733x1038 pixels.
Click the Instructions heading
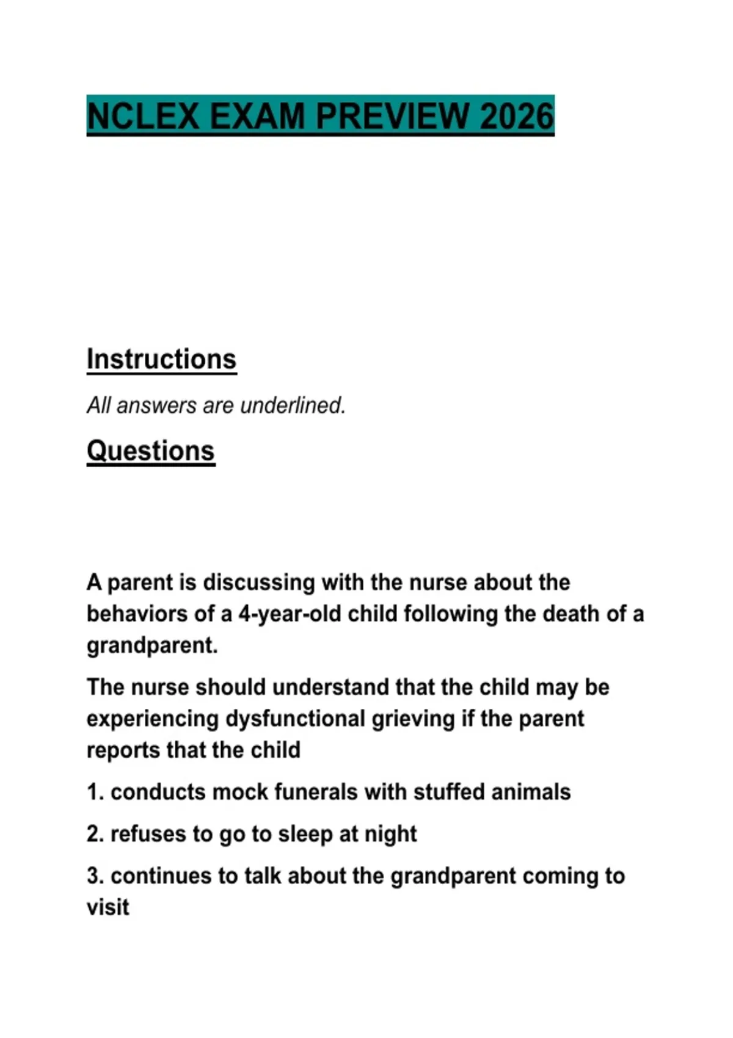coord(161,359)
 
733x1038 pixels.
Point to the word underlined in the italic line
coord(293,405)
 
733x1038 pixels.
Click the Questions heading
coord(150,451)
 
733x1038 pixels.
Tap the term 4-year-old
coord(290,614)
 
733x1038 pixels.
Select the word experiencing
coord(152,719)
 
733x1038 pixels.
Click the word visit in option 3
coord(108,907)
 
